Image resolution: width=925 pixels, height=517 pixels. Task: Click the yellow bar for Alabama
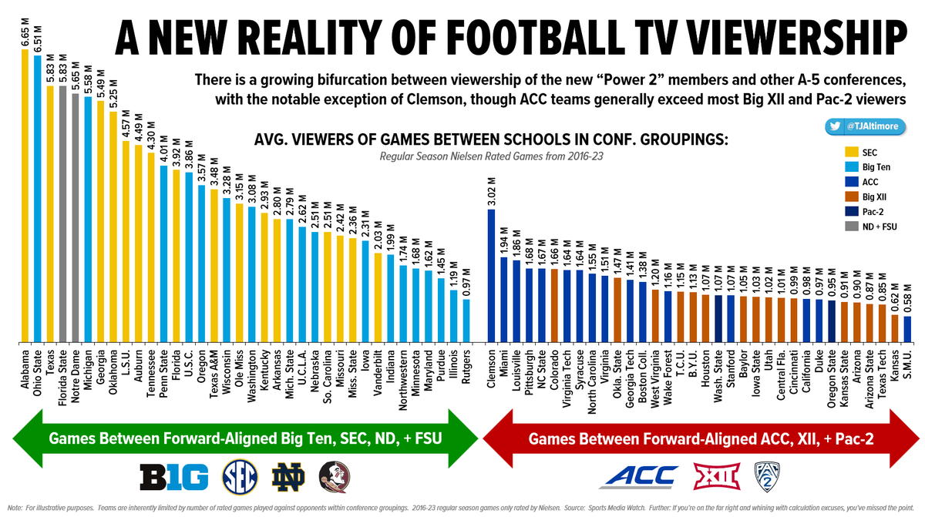click(25, 193)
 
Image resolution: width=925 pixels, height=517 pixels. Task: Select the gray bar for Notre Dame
click(76, 216)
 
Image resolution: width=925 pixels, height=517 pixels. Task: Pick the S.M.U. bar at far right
click(907, 327)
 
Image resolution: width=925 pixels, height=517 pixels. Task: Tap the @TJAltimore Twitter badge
click(867, 126)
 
